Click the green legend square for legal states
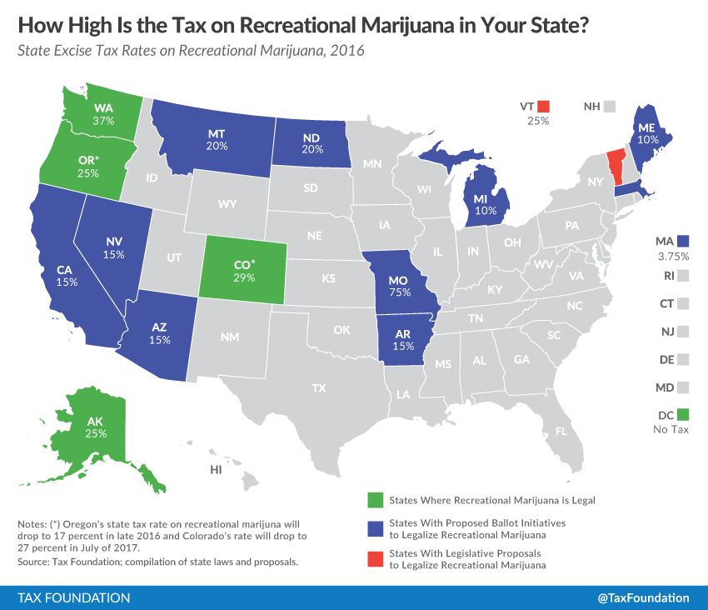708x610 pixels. pos(374,500)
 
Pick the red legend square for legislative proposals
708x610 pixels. pos(374,557)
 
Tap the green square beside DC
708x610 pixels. pos(683,414)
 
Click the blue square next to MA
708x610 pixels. pos(684,241)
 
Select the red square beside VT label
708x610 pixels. pos(544,107)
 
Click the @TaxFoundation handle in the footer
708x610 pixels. pos(644,597)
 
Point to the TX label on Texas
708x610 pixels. pos(318,388)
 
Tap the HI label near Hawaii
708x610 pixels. pos(216,470)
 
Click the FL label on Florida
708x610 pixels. pos(561,432)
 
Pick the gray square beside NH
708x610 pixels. pos(610,107)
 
